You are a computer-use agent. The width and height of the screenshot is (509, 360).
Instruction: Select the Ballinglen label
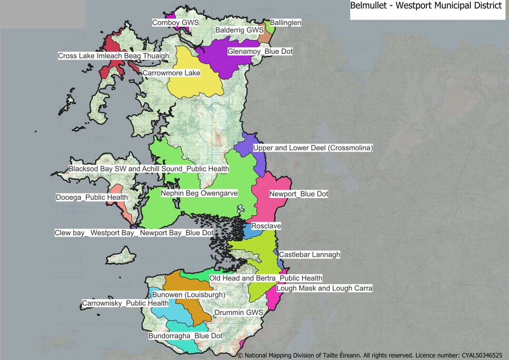point(285,22)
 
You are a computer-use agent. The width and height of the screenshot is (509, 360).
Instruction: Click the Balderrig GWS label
point(240,31)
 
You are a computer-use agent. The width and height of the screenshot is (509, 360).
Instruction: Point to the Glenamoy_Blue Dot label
point(260,51)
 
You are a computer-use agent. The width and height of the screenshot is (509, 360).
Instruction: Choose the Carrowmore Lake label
point(171,73)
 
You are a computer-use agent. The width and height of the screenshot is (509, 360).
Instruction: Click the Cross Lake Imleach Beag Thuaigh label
point(113,56)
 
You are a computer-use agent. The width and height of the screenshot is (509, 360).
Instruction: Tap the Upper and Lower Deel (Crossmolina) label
point(313,148)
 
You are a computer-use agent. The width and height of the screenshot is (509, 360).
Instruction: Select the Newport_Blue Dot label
point(299,194)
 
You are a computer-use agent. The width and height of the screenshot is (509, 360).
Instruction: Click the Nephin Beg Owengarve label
point(199,193)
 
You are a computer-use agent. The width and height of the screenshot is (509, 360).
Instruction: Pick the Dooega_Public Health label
point(92,197)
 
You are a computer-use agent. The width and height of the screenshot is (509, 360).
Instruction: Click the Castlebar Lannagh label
point(310,255)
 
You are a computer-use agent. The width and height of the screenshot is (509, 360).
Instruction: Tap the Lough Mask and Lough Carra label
point(324,288)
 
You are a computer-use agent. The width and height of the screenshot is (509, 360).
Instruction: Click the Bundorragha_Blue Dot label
point(185,336)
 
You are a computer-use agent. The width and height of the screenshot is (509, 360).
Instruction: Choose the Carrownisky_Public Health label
point(125,303)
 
